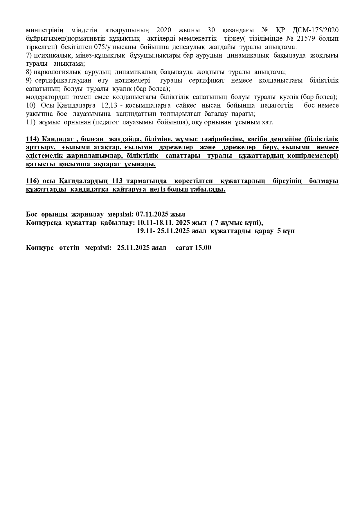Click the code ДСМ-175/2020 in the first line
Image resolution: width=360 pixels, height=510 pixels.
pyautogui.click(x=317, y=30)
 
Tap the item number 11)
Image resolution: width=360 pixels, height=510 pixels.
pyautogui.click(x=31, y=122)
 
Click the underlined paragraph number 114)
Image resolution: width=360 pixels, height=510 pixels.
pyautogui.click(x=33, y=139)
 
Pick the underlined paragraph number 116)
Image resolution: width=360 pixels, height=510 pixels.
pyautogui.click(x=33, y=181)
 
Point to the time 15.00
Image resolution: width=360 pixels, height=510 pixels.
pyautogui.click(x=203, y=248)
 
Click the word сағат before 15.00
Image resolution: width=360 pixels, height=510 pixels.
pyautogui.click(x=184, y=248)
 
